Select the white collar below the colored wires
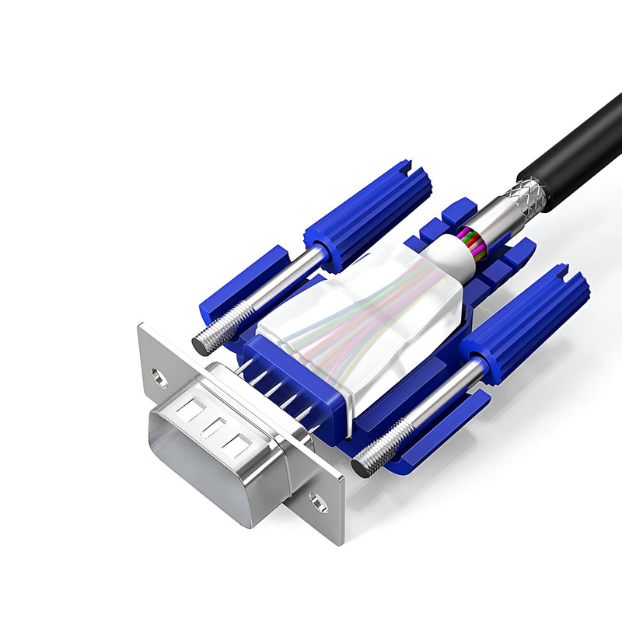click(x=451, y=257)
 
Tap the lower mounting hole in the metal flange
click(x=316, y=503)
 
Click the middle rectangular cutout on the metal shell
click(x=214, y=427)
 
